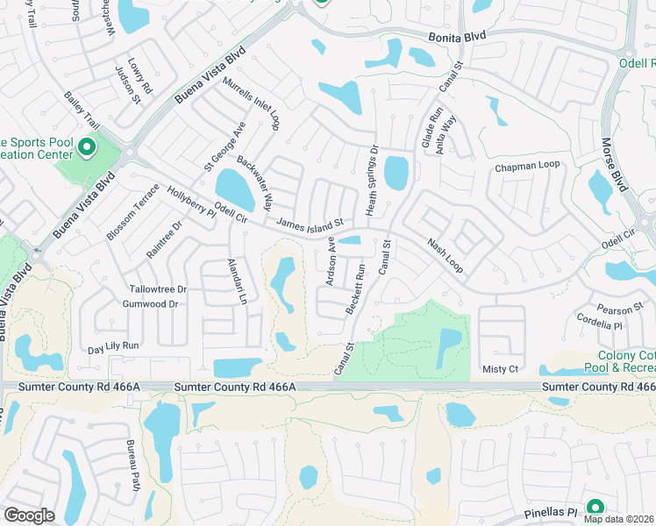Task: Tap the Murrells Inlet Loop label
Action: (251, 104)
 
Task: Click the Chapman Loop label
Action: (527, 166)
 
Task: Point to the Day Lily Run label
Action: (114, 346)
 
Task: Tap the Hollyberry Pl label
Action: (191, 206)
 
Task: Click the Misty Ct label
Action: (501, 370)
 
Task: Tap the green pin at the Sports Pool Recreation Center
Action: (87, 146)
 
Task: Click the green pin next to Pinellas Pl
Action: (595, 508)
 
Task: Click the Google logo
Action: (29, 515)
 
